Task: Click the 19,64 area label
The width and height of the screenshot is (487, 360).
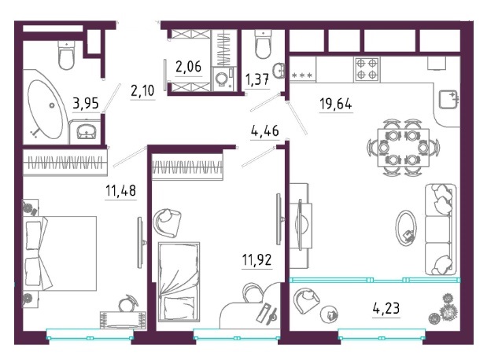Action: coord(336,104)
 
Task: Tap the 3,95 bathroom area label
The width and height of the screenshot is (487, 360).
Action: coord(86,103)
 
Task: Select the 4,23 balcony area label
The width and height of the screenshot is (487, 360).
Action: coord(386,308)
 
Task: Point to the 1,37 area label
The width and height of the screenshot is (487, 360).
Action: coord(257,80)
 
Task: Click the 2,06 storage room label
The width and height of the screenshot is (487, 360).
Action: coord(188,67)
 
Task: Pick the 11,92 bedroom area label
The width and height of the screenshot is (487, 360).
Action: coord(256,259)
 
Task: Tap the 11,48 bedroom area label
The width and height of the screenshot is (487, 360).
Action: coord(121,190)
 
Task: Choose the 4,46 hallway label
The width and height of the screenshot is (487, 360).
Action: coord(264,130)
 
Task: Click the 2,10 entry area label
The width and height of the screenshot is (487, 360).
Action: coord(142,91)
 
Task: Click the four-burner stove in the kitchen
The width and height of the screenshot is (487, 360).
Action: coord(367,69)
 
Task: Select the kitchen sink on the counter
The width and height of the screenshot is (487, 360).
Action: coord(448,99)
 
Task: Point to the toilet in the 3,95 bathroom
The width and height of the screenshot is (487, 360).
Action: coord(67,55)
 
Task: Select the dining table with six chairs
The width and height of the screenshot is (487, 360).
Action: coord(404,148)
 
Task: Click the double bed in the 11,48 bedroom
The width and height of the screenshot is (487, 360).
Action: coord(59,253)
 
